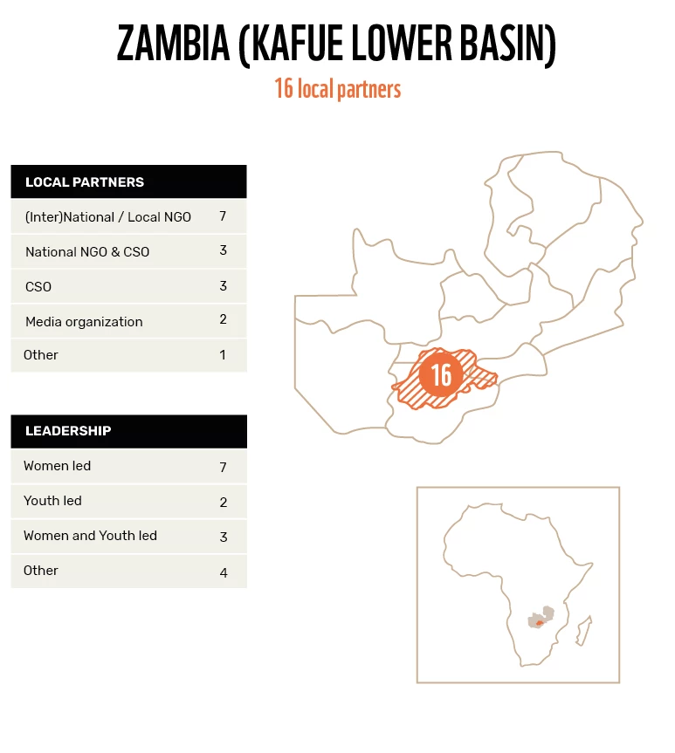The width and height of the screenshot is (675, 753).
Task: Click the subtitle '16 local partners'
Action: tap(337, 89)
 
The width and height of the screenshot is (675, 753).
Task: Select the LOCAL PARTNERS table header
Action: tap(85, 182)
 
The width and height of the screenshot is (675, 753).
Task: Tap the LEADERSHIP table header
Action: tap(68, 431)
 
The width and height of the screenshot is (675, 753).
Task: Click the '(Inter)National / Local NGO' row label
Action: tap(108, 216)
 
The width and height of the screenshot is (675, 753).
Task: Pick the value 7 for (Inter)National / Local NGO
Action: tap(224, 216)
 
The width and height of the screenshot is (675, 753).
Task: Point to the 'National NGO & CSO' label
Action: tap(87, 251)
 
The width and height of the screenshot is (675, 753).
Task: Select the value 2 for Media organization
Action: tap(224, 319)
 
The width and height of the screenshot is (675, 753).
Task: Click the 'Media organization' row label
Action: tap(84, 321)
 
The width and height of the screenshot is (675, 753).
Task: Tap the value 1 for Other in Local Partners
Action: tap(224, 354)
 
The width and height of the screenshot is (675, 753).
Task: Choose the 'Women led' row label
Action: tap(58, 466)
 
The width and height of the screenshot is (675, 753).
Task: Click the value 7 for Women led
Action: tap(224, 468)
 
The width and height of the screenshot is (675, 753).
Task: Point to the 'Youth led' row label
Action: tap(52, 501)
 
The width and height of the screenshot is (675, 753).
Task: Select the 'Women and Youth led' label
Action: tap(90, 536)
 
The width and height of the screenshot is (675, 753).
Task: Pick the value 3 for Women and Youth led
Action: tap(224, 537)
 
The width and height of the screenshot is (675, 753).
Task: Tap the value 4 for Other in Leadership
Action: tap(224, 573)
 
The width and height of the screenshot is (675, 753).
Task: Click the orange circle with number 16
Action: tap(441, 374)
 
